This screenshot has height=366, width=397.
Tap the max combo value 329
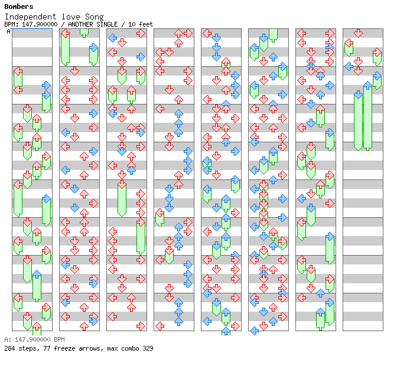pos(147,348)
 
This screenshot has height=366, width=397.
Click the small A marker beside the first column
pos(8,31)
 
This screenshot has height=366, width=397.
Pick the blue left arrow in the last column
pos(349,67)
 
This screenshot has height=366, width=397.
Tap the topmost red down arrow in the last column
pos(358,33)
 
